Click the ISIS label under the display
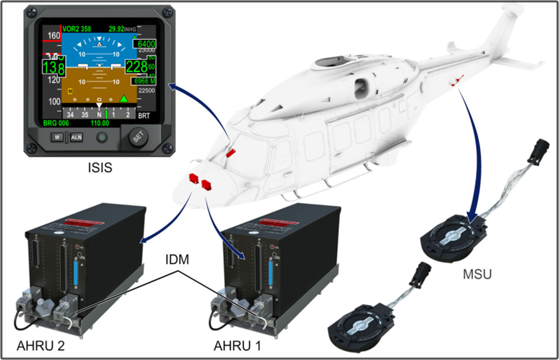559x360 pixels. click(100, 168)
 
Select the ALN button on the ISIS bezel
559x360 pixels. click(76, 137)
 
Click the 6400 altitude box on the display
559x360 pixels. click(146, 44)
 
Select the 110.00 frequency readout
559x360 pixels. click(99, 124)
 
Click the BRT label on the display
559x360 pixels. click(144, 117)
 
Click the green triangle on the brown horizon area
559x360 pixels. click(124, 98)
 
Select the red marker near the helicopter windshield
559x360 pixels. click(231, 153)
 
